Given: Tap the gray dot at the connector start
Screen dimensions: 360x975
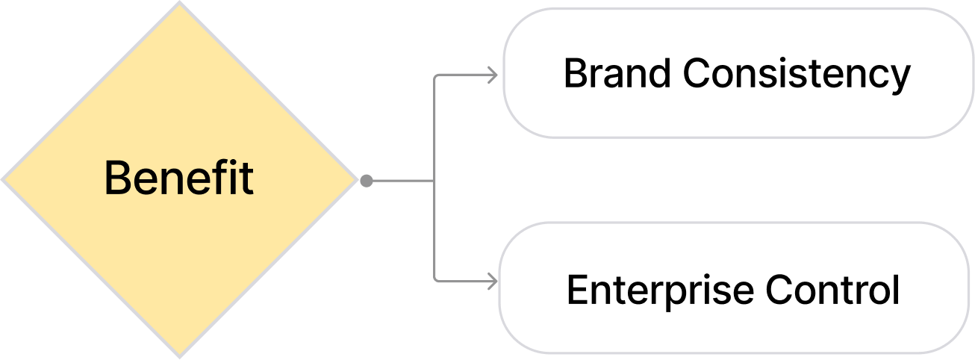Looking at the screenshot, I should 366,180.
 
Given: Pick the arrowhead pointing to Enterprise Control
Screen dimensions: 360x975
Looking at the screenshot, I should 492,282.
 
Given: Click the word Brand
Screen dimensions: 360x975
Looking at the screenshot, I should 618,73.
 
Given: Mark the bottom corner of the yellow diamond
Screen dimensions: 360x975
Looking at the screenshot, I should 179,356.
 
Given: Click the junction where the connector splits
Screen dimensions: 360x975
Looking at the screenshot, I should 434,180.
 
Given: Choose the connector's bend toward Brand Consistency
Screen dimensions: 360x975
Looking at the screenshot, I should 435,75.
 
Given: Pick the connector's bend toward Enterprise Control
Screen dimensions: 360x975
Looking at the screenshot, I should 435,281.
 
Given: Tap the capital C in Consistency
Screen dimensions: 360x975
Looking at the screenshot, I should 697,73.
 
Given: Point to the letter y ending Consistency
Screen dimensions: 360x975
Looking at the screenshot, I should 900,77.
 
